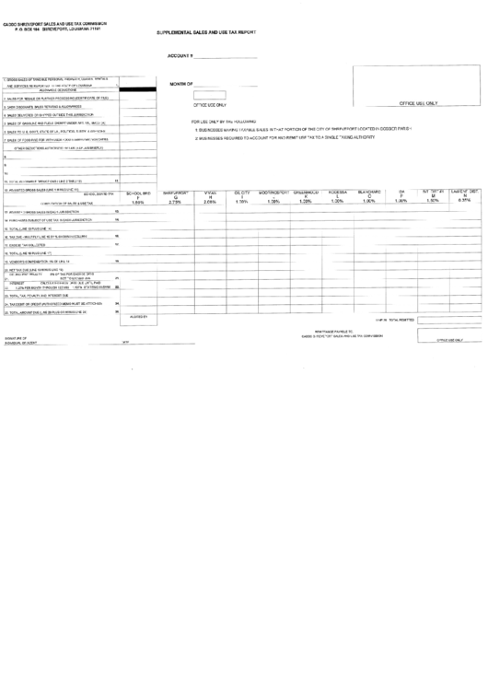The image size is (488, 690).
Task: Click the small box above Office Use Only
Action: (210, 94)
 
